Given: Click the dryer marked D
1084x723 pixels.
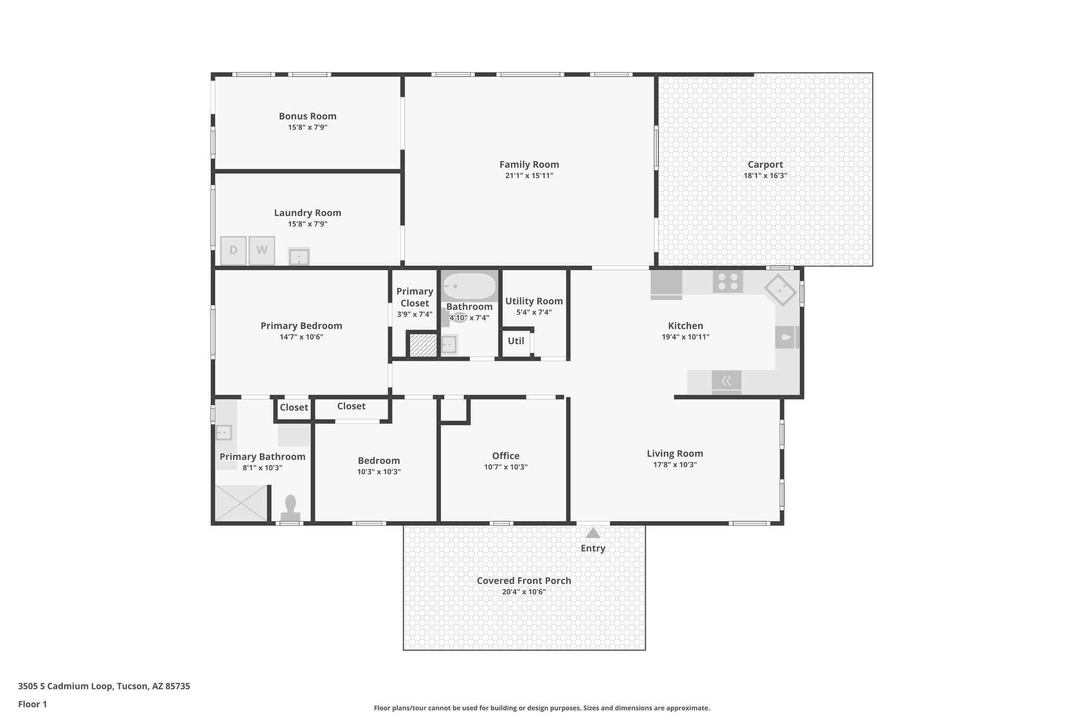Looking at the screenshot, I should point(233,251).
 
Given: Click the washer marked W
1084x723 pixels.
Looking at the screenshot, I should point(261,251).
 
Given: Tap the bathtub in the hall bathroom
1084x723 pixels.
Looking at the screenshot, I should point(469,286).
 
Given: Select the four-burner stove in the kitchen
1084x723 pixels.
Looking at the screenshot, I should point(727,282).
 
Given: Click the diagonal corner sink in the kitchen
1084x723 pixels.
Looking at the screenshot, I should point(780,290).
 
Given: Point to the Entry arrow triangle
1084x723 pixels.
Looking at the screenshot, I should point(593,533).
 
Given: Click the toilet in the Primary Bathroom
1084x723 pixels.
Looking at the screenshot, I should point(290,508).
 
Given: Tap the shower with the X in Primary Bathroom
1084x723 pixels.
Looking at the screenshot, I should point(241,503).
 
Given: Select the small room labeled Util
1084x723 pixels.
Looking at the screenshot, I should point(516,341).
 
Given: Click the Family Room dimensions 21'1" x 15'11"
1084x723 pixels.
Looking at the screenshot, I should point(529,176).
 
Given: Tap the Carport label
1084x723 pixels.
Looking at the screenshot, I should point(765,165).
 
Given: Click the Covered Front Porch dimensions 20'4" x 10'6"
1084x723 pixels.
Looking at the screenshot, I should point(523,592).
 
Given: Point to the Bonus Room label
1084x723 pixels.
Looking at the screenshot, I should point(308,116).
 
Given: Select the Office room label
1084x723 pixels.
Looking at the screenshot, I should point(505,456).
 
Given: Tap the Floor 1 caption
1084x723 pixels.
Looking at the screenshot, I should point(32,704).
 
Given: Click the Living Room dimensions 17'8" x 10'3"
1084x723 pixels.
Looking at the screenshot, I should point(674,465).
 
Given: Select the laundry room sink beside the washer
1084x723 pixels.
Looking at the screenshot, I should point(299,257).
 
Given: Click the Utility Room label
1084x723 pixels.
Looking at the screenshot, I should point(534,301).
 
